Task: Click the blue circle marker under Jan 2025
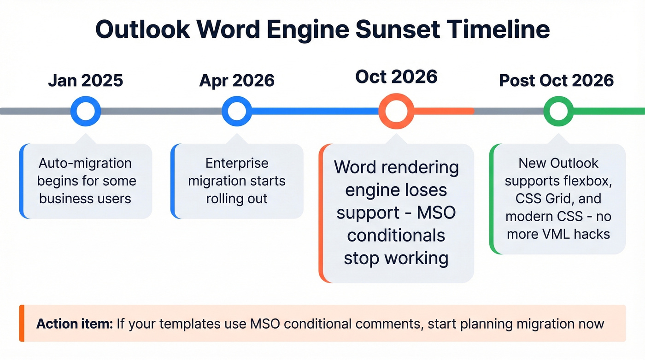point(85,111)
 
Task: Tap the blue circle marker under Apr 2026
point(237,111)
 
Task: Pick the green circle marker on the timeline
point(558,111)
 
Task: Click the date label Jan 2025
point(85,80)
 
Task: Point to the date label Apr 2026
point(237,80)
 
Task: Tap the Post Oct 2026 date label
point(557,80)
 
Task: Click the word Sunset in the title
point(403,29)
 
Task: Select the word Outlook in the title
point(142,29)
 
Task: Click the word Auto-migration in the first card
point(85,163)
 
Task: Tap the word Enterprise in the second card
point(237,163)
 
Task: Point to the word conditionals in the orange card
point(396,235)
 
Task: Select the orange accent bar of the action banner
point(21,323)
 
